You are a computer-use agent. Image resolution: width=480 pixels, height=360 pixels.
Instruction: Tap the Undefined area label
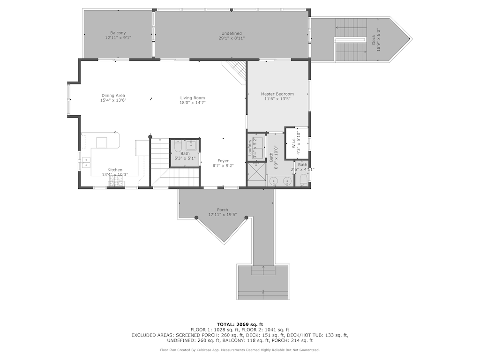tap(232, 33)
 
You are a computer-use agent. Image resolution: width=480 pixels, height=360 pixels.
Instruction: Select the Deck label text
tap(374, 40)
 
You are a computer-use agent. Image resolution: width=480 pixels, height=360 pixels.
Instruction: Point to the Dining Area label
tap(113, 95)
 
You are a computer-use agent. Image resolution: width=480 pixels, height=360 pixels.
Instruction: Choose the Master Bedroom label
tap(277, 94)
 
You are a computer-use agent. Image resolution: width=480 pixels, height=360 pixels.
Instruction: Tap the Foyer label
tap(223, 161)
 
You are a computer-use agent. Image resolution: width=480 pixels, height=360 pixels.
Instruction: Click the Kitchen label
tap(115, 170)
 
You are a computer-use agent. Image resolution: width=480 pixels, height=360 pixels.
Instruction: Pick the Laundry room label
tap(250, 147)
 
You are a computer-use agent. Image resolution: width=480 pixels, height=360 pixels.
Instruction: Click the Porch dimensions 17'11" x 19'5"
tap(222, 215)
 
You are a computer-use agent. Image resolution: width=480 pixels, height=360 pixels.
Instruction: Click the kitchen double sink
tap(86, 163)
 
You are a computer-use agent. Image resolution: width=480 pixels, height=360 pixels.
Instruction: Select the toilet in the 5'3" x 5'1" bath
tap(177, 147)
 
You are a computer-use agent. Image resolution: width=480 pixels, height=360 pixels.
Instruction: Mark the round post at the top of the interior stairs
tap(150, 136)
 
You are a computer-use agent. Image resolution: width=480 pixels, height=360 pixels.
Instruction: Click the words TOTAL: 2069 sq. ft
tap(240, 324)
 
